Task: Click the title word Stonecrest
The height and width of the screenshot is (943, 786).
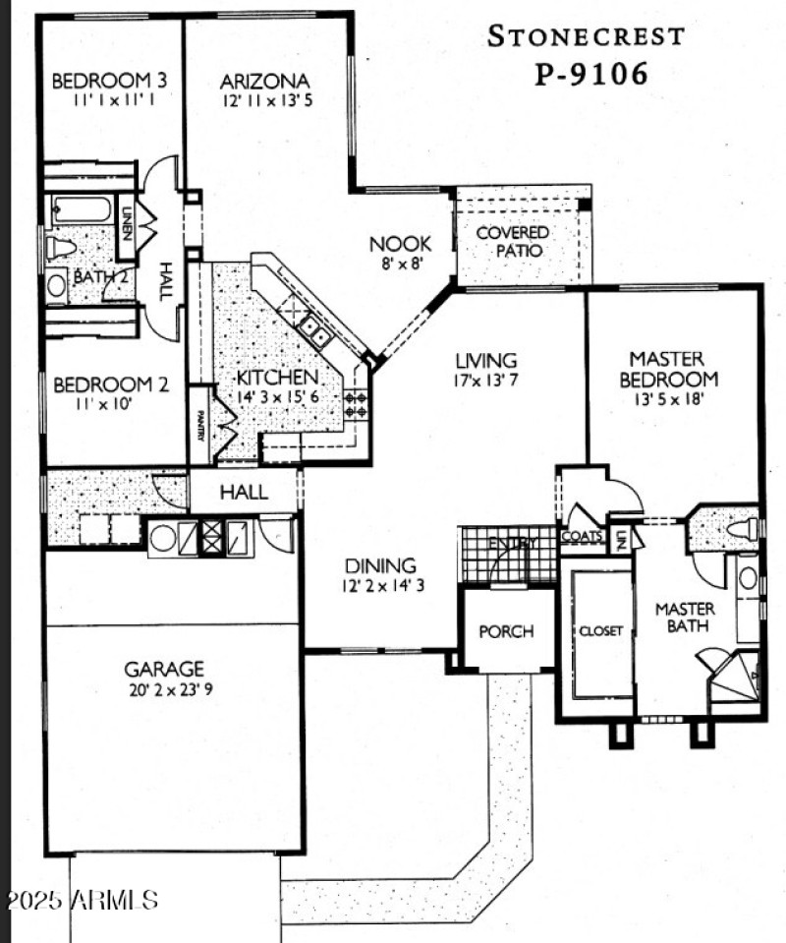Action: (586, 36)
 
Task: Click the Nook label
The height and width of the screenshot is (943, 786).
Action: (396, 244)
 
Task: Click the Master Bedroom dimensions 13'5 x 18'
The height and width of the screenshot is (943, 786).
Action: (673, 399)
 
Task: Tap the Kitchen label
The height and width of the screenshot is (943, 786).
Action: (278, 378)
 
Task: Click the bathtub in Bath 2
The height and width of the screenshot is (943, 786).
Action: (83, 209)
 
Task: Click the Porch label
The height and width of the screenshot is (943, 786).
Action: (506, 630)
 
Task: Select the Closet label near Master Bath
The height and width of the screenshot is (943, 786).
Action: (600, 631)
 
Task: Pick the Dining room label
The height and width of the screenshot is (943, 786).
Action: (380, 566)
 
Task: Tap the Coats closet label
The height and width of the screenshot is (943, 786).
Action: (580, 537)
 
